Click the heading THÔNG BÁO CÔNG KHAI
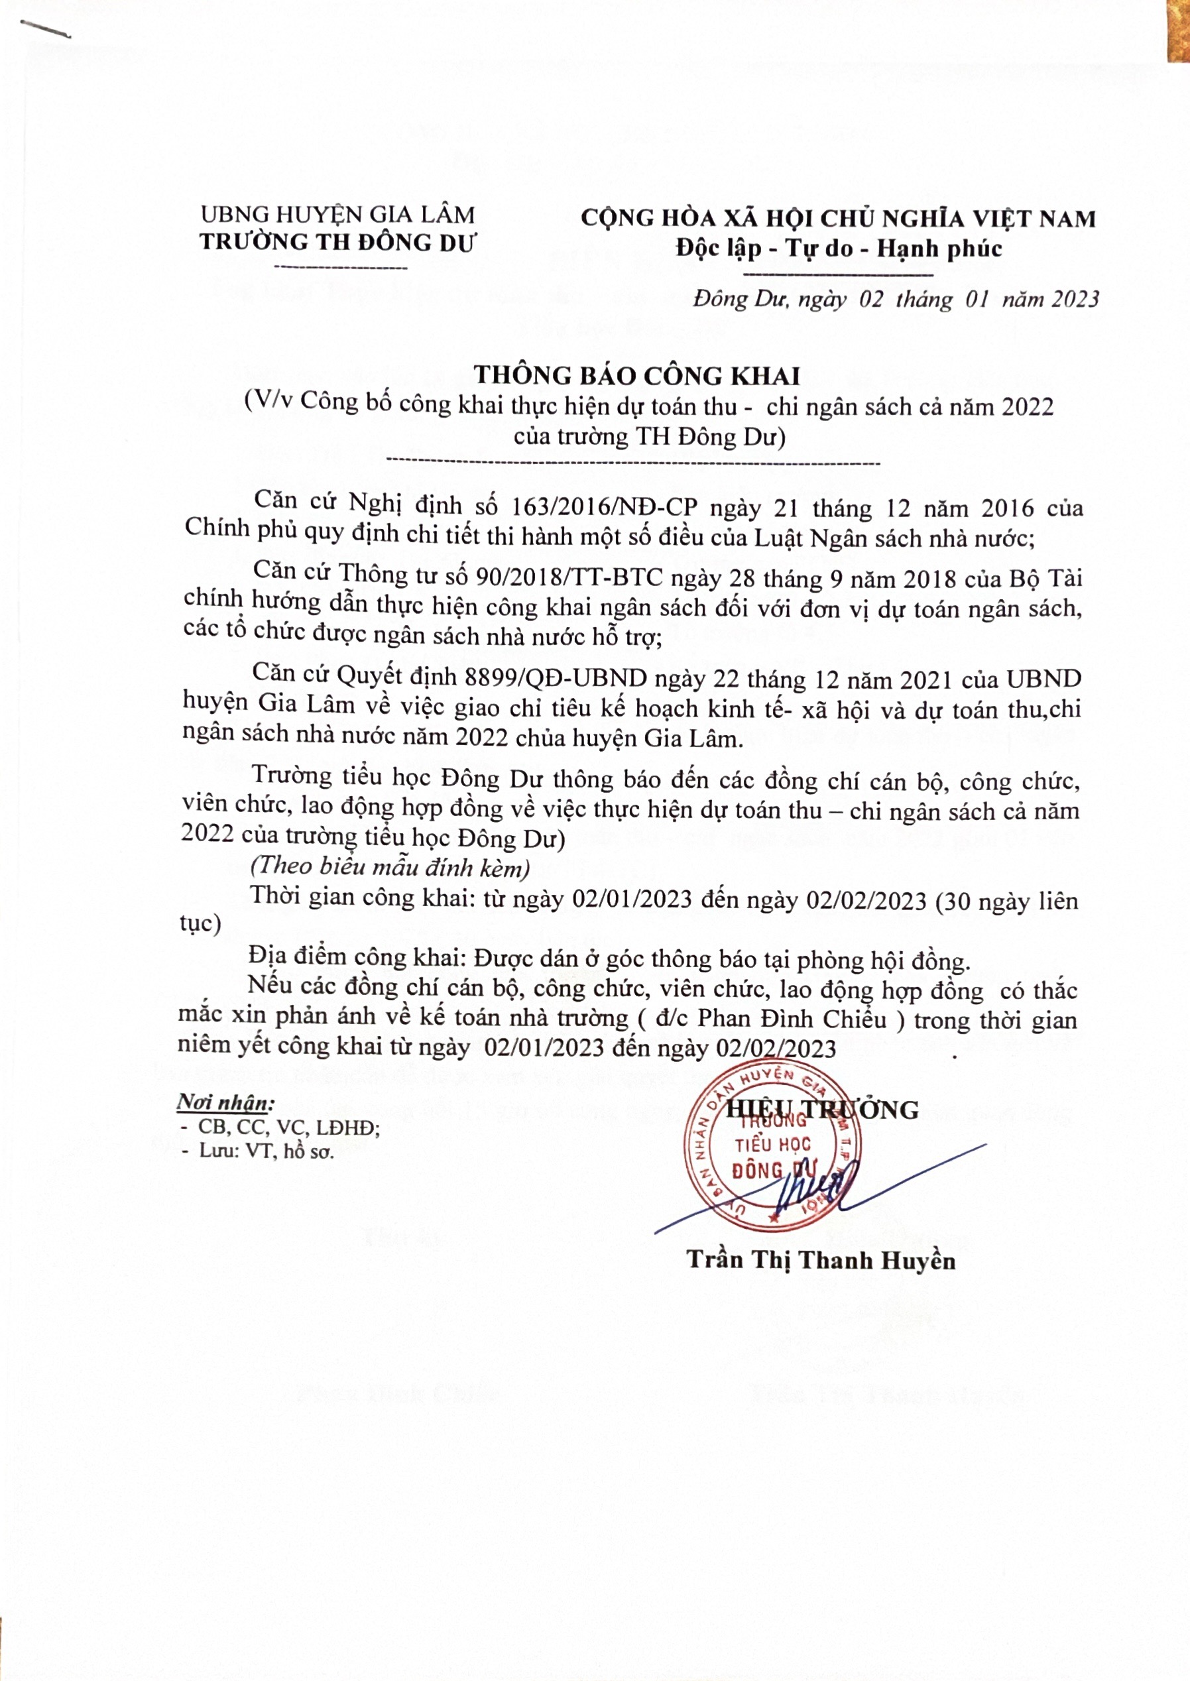pos(636,376)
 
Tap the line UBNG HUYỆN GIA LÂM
pos(338,215)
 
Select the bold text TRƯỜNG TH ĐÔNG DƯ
pos(338,243)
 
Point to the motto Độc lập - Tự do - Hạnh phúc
pos(838,249)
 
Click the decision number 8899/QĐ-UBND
pos(556,679)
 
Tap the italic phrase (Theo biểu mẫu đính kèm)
pos(390,867)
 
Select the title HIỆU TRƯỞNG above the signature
pos(821,1110)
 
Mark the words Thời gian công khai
pos(360,897)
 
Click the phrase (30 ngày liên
pos(1007,899)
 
